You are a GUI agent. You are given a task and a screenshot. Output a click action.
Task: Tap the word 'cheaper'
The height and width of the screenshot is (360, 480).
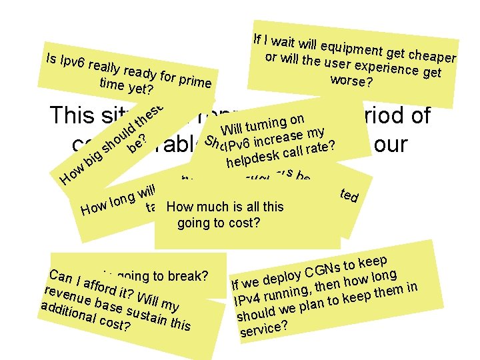tap(432, 55)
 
